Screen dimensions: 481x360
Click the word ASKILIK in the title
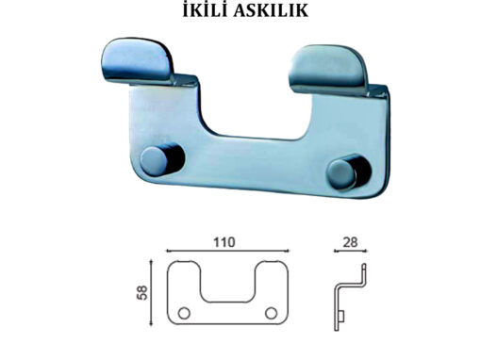[271, 10]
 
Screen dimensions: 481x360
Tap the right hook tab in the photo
[328, 70]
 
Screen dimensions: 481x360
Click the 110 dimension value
[224, 242]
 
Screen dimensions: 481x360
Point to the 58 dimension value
[143, 292]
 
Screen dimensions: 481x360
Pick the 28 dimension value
[350, 242]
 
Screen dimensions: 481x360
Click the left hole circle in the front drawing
[184, 313]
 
